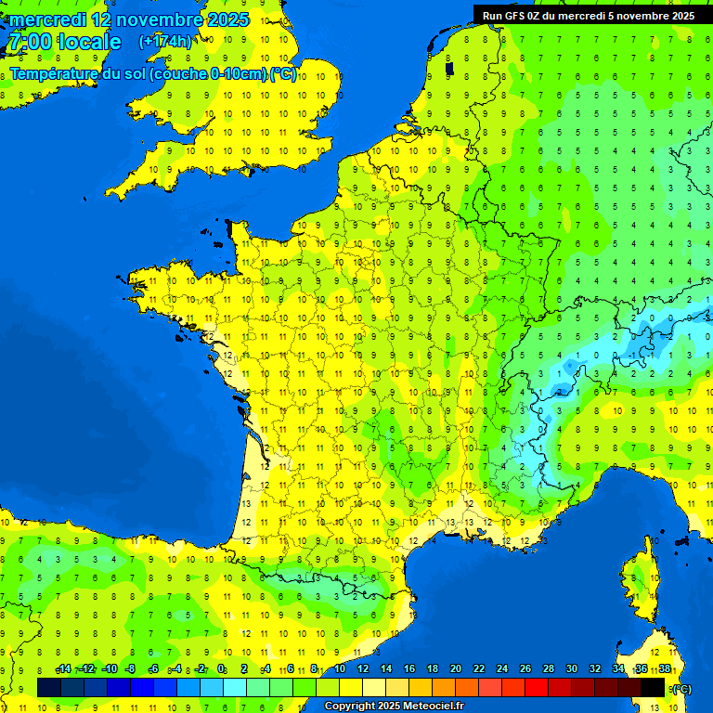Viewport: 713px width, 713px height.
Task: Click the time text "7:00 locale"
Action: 65,42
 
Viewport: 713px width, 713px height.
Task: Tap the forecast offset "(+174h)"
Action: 165,42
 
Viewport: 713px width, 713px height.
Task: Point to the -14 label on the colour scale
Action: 63,669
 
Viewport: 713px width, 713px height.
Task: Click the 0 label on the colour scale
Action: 221,669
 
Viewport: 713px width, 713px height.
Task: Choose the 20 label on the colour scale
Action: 456,669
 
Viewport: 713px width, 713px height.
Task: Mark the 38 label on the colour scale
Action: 665,669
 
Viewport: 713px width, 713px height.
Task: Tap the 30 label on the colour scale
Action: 572,669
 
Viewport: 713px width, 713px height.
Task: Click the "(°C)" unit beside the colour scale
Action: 681,689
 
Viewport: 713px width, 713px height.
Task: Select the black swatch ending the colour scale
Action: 653,687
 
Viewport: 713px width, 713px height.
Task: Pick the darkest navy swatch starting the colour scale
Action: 49,687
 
